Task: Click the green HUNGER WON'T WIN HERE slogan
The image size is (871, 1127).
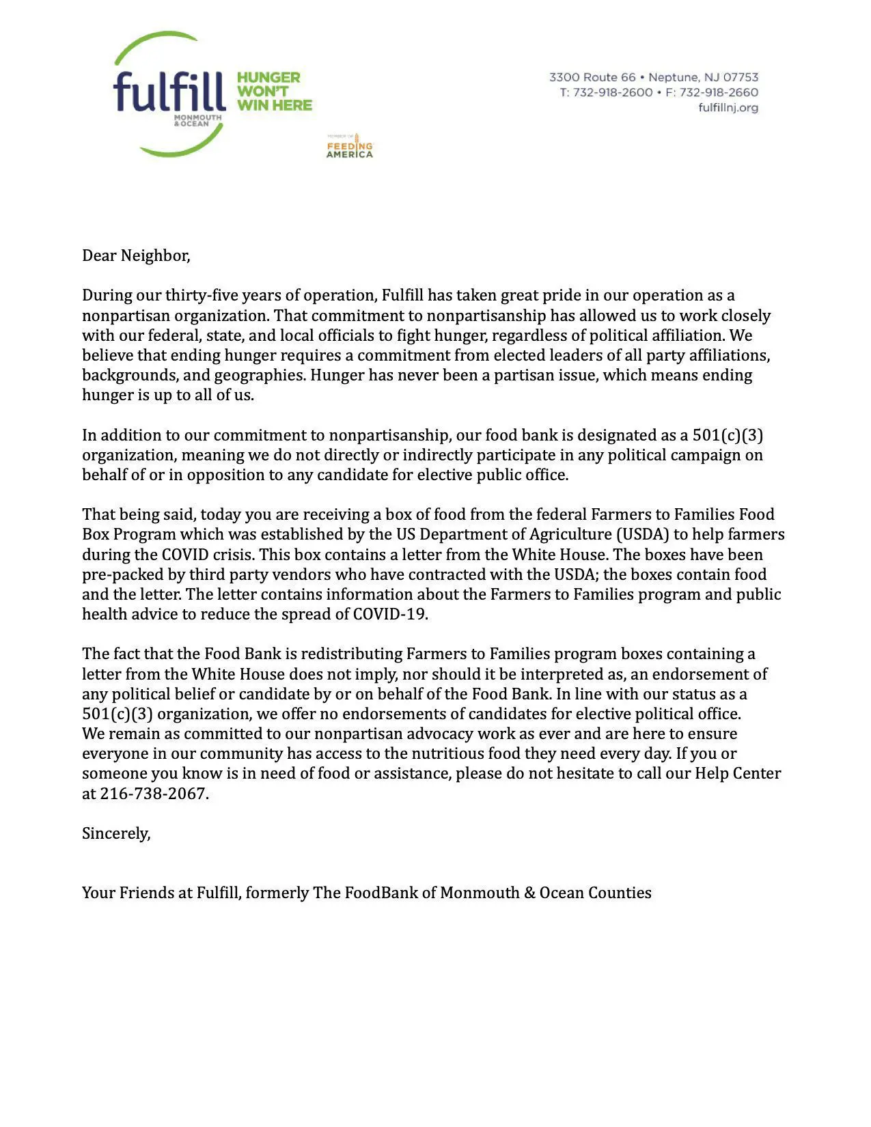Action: (x=274, y=92)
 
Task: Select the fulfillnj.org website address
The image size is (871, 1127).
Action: (x=728, y=108)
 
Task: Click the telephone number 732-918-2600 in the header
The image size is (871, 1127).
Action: (x=613, y=93)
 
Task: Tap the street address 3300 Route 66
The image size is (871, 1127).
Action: (x=592, y=78)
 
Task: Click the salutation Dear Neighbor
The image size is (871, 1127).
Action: (x=136, y=255)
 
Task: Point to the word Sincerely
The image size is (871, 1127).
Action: (x=115, y=833)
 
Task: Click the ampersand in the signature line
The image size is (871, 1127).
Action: (x=529, y=893)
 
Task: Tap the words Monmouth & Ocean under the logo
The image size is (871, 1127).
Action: (x=197, y=121)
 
